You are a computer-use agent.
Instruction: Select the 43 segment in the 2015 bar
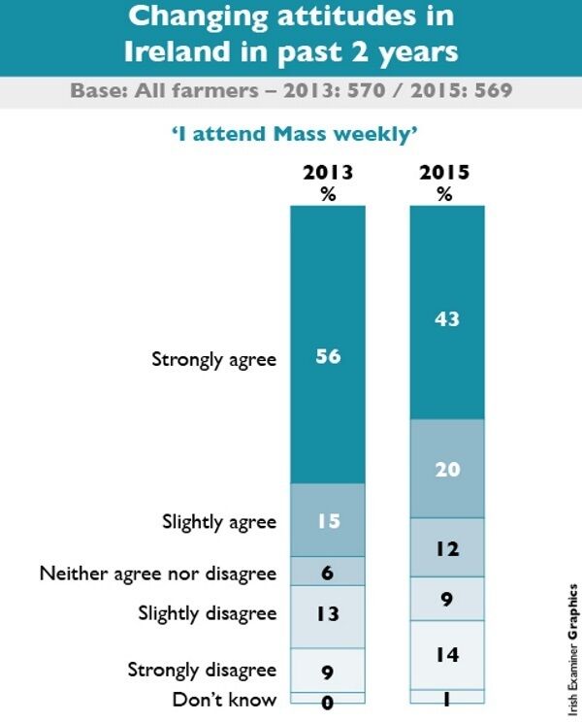pyautogui.click(x=445, y=317)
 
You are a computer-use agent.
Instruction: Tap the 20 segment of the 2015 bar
pyautogui.click(x=445, y=469)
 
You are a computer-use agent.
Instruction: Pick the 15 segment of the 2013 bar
pyautogui.click(x=327, y=520)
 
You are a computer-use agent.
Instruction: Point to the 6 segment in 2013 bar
pyautogui.click(x=327, y=572)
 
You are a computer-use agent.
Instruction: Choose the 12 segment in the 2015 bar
pyautogui.click(x=445, y=548)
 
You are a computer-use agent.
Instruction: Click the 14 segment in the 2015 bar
pyautogui.click(x=445, y=655)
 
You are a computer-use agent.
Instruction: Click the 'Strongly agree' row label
pyautogui.click(x=213, y=359)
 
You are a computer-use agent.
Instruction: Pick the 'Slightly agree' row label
pyautogui.click(x=218, y=522)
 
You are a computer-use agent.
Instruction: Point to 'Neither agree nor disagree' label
pyautogui.click(x=157, y=573)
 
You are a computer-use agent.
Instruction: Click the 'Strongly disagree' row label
pyautogui.click(x=202, y=670)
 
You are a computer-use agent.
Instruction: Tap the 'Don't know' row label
pyautogui.click(x=225, y=699)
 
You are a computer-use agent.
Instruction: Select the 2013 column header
pyautogui.click(x=327, y=181)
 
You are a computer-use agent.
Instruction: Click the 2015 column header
pyautogui.click(x=444, y=181)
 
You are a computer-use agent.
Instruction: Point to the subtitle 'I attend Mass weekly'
pyautogui.click(x=289, y=131)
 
